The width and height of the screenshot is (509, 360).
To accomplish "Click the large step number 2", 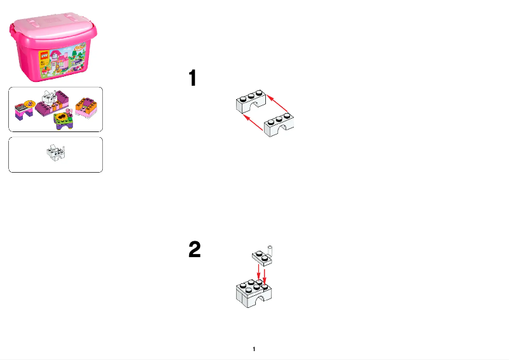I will pos(195,250).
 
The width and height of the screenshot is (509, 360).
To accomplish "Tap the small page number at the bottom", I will pos(254,349).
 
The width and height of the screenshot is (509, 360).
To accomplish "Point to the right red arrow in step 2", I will pos(265,273).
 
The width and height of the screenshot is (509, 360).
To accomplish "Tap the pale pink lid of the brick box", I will pos(55,27).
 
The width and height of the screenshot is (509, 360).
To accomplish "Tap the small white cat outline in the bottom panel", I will pos(55,153).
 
